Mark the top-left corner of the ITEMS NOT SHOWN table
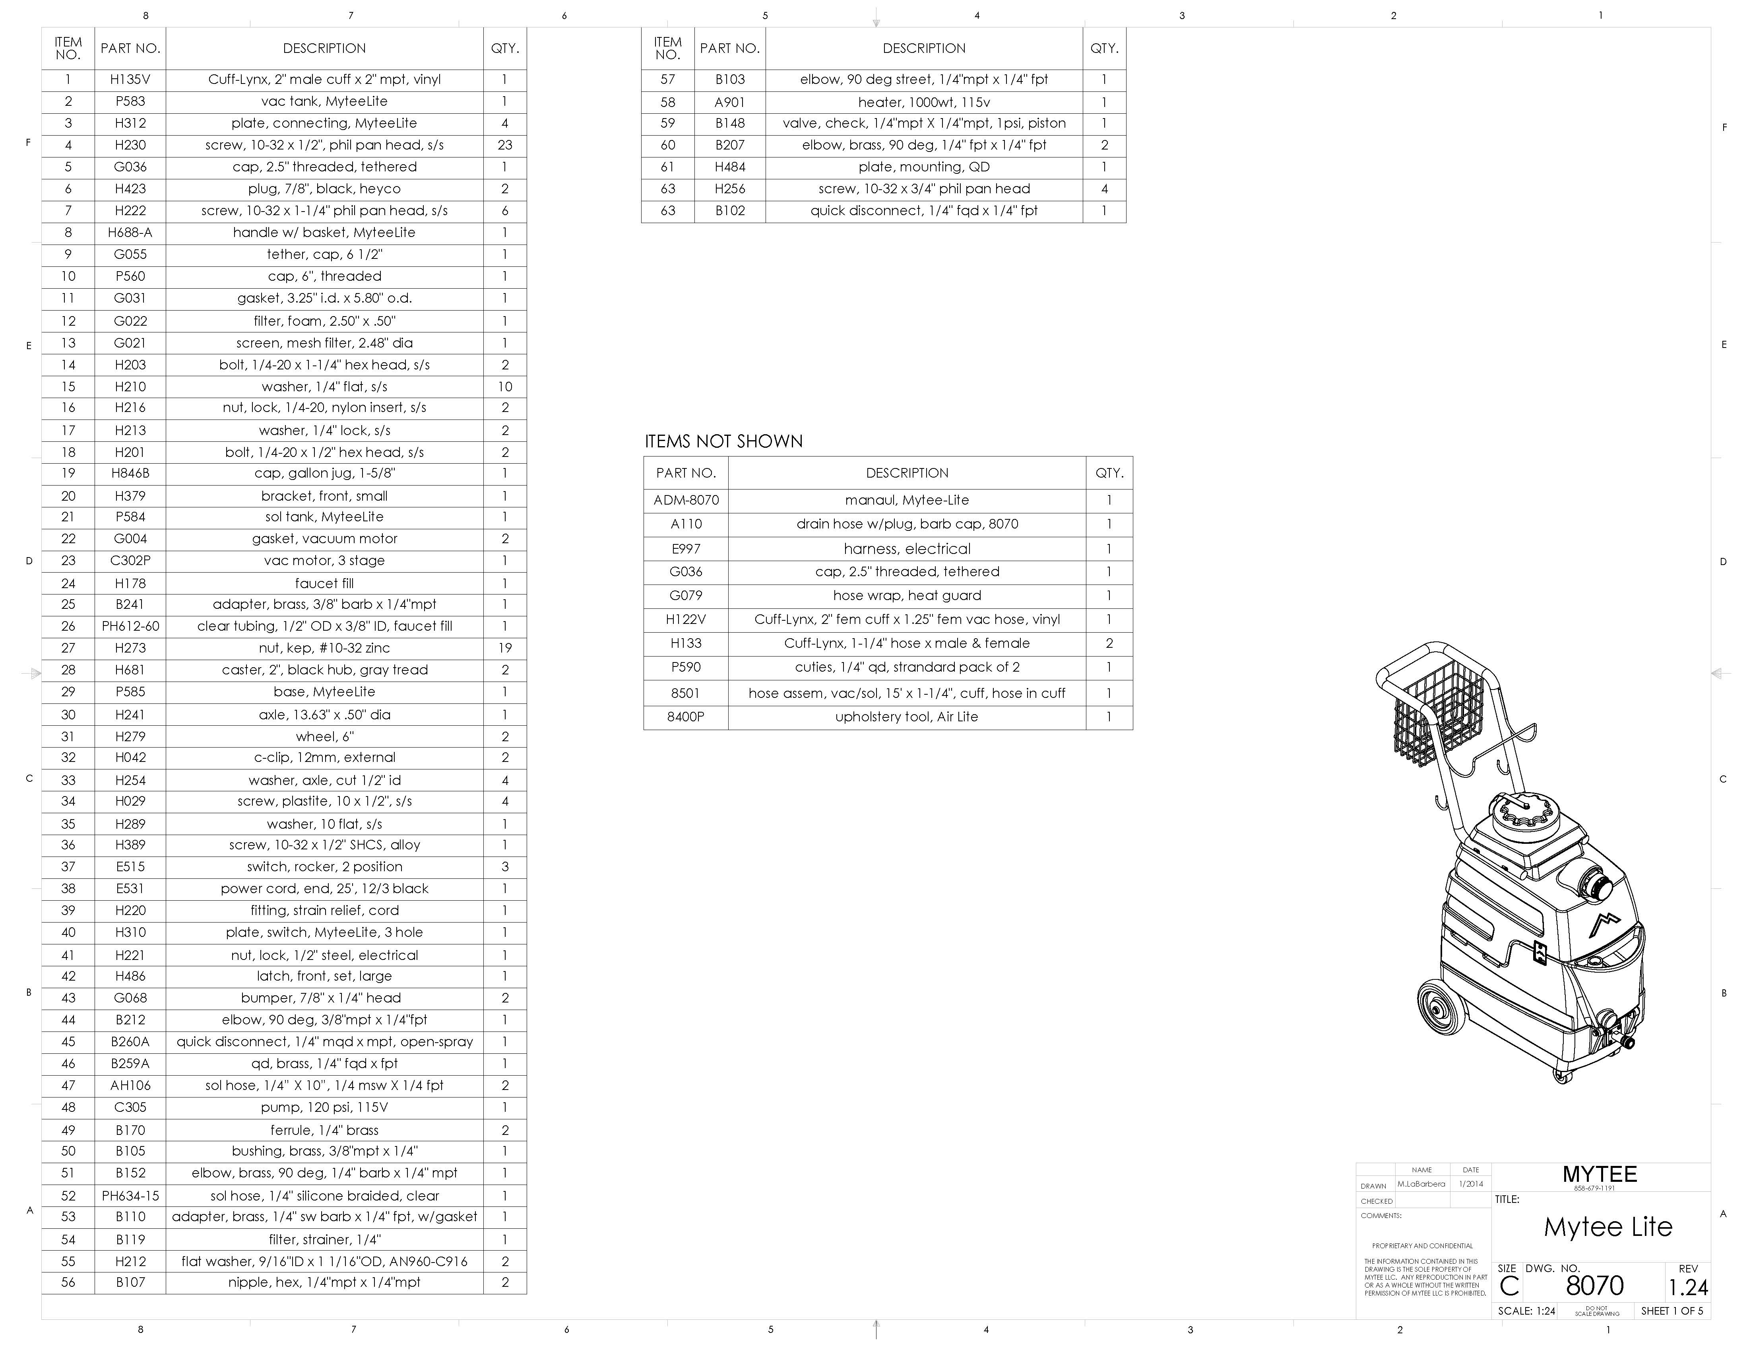pyautogui.click(x=644, y=456)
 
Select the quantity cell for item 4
pyautogui.click(x=504, y=145)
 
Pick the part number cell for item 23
pyautogui.click(x=130, y=561)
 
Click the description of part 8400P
pyautogui.click(x=907, y=717)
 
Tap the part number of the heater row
pyautogui.click(x=729, y=102)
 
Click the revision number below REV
pyautogui.click(x=1688, y=1287)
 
